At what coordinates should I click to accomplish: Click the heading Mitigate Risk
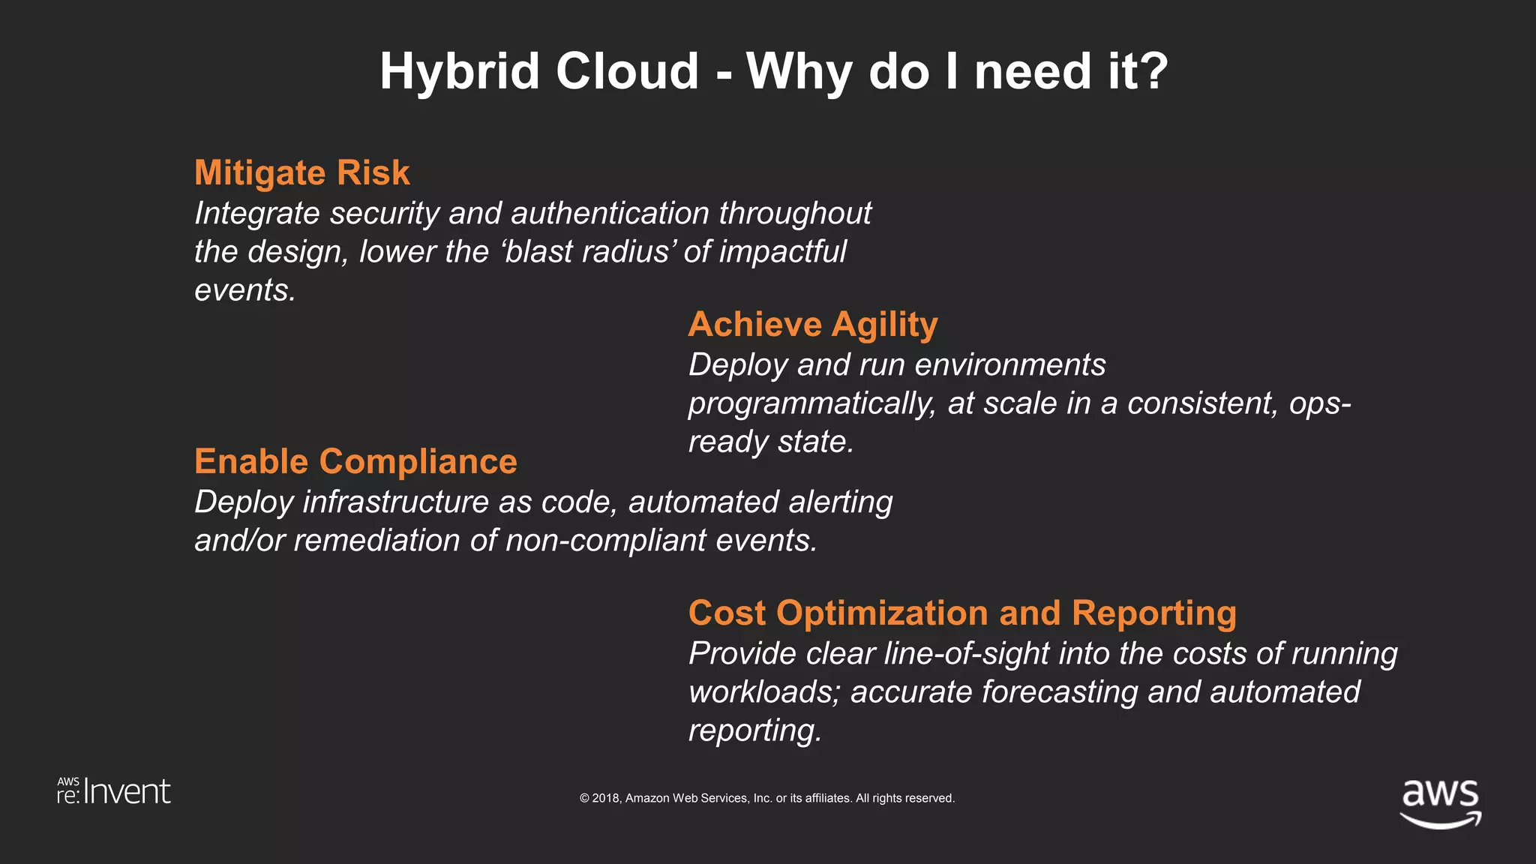tap(301, 172)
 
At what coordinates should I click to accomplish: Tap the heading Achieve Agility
tap(812, 325)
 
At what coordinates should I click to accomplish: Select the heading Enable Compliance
tap(355, 461)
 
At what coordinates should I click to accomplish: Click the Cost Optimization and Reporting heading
tap(962, 613)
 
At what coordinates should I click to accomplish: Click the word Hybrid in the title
tap(459, 72)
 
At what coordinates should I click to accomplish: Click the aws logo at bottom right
tap(1440, 802)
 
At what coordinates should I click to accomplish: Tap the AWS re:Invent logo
tap(114, 792)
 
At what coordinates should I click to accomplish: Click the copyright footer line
tap(766, 798)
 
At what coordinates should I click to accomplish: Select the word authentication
tap(609, 214)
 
